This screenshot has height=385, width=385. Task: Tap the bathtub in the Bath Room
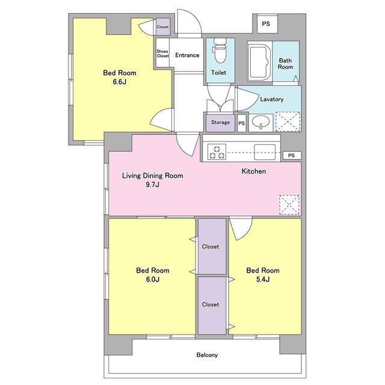[259, 61]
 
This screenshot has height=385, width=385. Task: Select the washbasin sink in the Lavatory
[260, 122]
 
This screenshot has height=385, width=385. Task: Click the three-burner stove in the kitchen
[217, 152]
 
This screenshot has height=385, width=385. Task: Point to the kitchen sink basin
[265, 152]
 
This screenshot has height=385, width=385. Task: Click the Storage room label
[220, 122]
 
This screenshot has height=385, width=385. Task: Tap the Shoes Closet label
[162, 54]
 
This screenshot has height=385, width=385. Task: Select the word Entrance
[187, 55]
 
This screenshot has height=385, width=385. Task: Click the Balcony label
[207, 355]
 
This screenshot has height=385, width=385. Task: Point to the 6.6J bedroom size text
[120, 82]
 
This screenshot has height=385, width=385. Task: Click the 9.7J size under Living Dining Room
[152, 185]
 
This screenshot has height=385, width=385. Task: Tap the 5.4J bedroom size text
[263, 279]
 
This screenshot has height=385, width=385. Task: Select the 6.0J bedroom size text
[152, 279]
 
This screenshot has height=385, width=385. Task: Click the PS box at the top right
[267, 24]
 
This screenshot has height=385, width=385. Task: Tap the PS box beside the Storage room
[242, 123]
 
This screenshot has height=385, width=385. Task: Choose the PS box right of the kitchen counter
[292, 155]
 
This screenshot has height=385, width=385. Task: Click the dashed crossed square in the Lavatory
[288, 122]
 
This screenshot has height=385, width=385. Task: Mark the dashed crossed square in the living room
[289, 205]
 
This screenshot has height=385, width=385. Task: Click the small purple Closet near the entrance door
[163, 26]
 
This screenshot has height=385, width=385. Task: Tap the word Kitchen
[254, 171]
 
